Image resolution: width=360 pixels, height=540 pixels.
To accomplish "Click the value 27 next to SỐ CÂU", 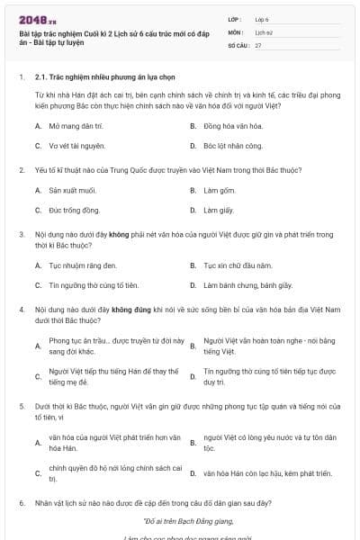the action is pos(258,45).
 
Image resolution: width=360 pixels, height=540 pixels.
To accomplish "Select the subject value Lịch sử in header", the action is pos(262,31).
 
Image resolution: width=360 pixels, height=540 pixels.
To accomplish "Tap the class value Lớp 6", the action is pos(262,18).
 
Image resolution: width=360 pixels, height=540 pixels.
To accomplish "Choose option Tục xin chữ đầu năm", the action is pos(238,265).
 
